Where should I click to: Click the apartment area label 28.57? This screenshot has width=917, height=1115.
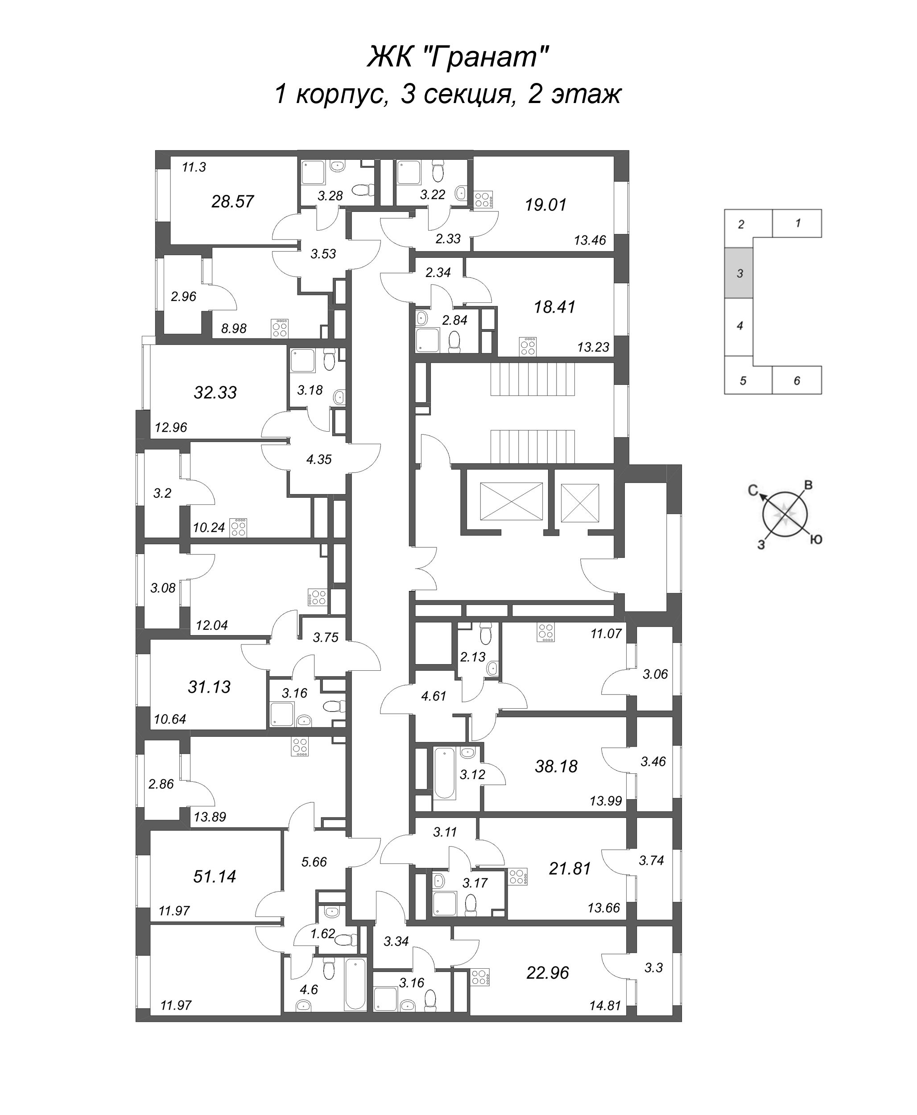(232, 201)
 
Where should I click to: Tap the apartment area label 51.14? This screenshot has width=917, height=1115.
(215, 876)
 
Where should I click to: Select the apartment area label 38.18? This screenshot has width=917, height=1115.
(556, 766)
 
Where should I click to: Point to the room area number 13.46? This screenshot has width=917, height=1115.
(590, 240)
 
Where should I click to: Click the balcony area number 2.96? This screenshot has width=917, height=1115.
(183, 296)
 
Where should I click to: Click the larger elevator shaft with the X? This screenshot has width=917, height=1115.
(511, 501)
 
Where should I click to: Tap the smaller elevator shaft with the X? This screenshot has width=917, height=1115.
(579, 502)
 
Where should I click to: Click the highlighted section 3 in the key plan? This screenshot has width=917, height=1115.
(739, 273)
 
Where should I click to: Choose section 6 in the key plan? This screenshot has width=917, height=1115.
(797, 380)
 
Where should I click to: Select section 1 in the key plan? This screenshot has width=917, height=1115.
(797, 223)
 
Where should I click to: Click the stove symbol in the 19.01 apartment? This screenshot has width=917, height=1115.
(483, 198)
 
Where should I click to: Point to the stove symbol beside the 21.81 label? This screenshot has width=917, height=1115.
(518, 877)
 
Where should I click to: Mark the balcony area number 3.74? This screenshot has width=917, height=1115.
(651, 860)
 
